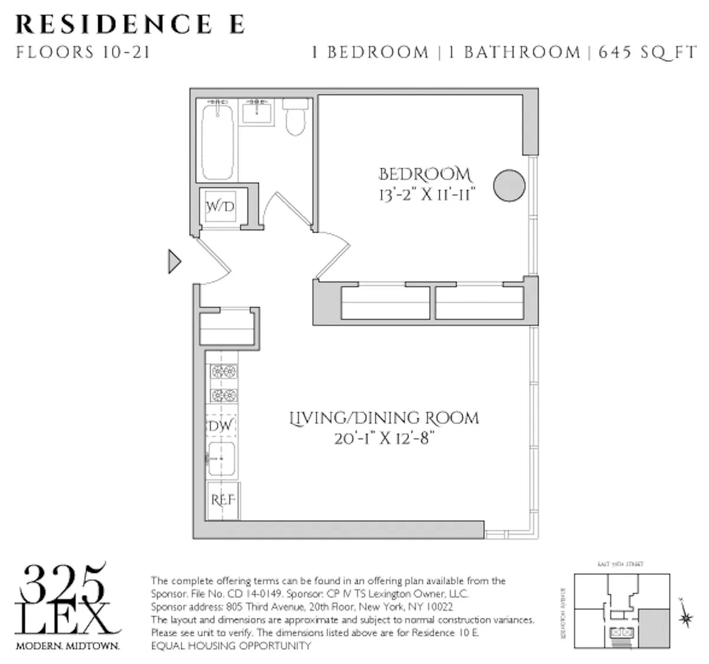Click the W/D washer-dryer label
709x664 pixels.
click(x=220, y=207)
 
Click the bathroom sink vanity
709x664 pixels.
click(x=258, y=112)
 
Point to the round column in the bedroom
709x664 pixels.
click(x=509, y=186)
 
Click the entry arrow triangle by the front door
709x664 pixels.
click(x=174, y=261)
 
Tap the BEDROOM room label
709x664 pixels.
click(x=425, y=174)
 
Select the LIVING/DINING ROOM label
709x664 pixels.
click(x=384, y=418)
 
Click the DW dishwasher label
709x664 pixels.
click(x=220, y=426)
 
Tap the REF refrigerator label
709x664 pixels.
click(x=223, y=500)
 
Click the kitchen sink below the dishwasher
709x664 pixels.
click(x=221, y=459)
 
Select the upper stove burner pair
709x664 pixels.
click(x=224, y=372)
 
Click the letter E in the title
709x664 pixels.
click(x=235, y=25)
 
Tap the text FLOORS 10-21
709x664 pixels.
click(x=83, y=52)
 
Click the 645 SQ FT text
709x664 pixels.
click(x=648, y=52)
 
